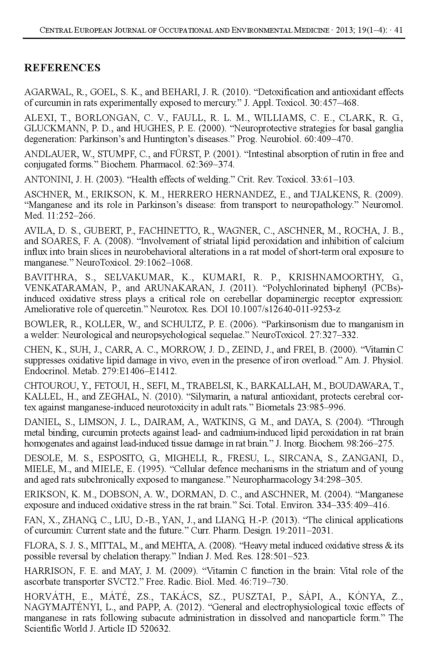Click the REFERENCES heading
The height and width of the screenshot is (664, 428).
62,68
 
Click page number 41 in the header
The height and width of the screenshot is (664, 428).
399,30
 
